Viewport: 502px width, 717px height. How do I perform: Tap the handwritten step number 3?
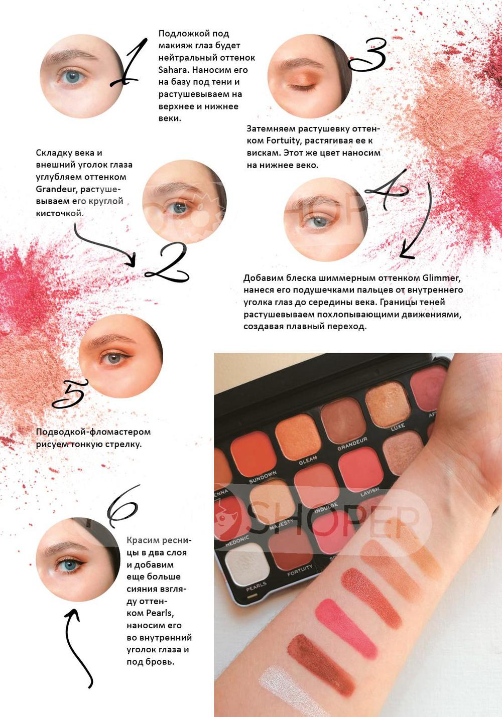pyautogui.click(x=368, y=54)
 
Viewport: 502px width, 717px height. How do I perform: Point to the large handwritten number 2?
pyautogui.click(x=167, y=262)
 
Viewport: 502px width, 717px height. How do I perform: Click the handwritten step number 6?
pyautogui.click(x=123, y=505)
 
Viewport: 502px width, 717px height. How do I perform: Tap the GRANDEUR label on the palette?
pyautogui.click(x=352, y=444)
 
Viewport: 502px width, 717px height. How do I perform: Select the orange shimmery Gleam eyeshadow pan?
pyautogui.click(x=298, y=437)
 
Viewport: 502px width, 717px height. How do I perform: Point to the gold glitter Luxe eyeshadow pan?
pyautogui.click(x=388, y=404)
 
